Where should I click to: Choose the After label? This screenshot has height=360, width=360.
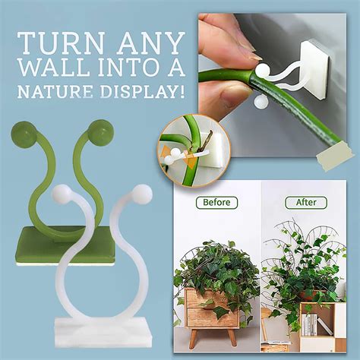click(305, 203)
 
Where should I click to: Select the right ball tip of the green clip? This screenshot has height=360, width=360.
click(99, 130)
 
